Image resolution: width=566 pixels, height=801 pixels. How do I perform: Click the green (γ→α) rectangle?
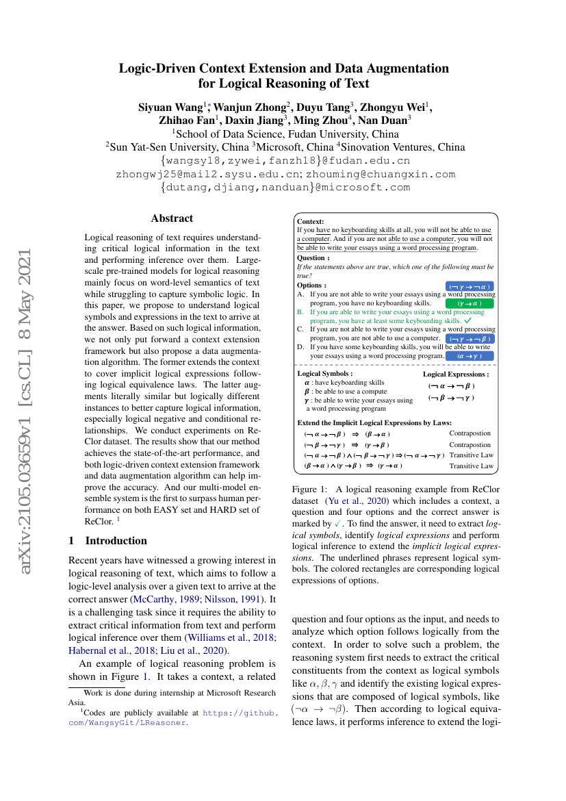469,303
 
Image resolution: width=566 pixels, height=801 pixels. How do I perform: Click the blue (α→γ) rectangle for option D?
469,356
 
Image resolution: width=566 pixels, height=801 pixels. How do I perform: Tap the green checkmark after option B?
468,320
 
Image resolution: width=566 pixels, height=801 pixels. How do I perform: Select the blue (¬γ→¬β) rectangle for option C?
469,338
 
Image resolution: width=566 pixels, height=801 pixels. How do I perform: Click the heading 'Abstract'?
172,218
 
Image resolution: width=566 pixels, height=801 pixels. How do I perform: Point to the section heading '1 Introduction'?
108,540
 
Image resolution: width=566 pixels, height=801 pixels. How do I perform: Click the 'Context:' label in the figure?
311,222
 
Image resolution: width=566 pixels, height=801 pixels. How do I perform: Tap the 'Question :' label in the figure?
313,258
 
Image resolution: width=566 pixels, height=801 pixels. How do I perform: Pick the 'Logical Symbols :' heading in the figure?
325,374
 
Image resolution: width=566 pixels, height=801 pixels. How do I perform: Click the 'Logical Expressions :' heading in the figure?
456,374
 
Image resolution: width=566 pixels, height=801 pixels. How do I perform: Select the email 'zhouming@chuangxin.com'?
380,174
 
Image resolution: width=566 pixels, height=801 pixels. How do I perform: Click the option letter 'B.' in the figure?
300,311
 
